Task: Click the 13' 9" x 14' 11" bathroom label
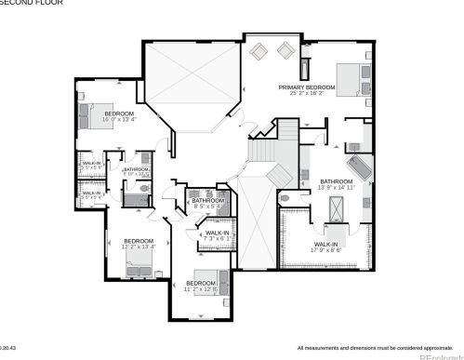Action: click(336, 184)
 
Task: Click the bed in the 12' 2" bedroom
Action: click(139, 268)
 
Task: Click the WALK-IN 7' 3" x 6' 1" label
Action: click(217, 236)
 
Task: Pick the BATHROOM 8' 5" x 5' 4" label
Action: click(207, 202)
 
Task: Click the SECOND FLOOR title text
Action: click(22, 4)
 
